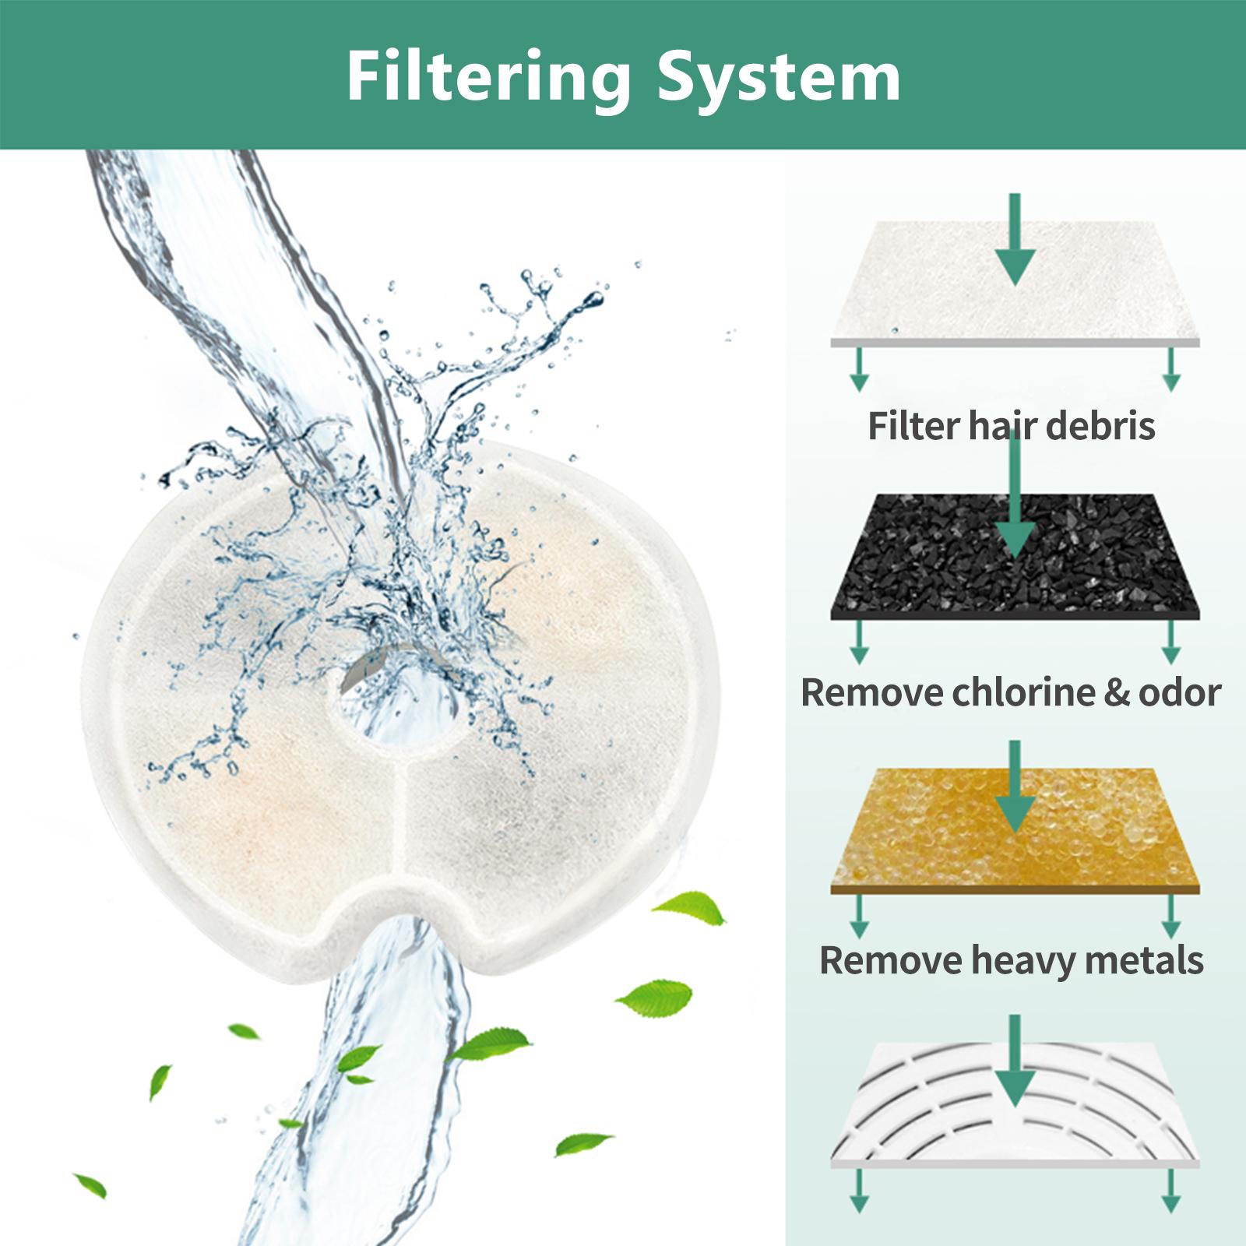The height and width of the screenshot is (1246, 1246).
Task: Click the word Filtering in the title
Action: (x=488, y=79)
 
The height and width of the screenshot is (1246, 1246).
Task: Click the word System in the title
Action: (x=779, y=79)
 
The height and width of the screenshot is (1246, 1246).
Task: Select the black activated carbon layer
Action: (x=1015, y=557)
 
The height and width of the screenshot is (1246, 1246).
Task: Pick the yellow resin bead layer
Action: (x=1015, y=830)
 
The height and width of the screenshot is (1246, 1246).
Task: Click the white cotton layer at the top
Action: (x=1015, y=283)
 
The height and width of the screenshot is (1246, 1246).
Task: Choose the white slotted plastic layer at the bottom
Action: (x=1015, y=1105)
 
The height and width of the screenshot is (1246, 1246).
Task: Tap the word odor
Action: (x=1180, y=693)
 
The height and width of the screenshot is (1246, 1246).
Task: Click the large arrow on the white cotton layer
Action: (x=1015, y=239)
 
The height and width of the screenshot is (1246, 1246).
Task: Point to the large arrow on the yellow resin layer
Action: (x=1015, y=787)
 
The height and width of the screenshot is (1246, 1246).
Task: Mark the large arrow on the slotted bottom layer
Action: (x=1015, y=1061)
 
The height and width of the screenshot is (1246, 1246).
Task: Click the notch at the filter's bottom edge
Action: (x=405, y=911)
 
